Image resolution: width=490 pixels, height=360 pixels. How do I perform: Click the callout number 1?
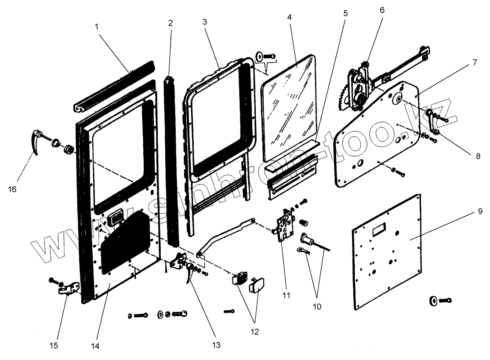pyautogui.click(x=96, y=26)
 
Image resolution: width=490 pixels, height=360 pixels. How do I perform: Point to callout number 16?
pyautogui.click(x=12, y=189)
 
